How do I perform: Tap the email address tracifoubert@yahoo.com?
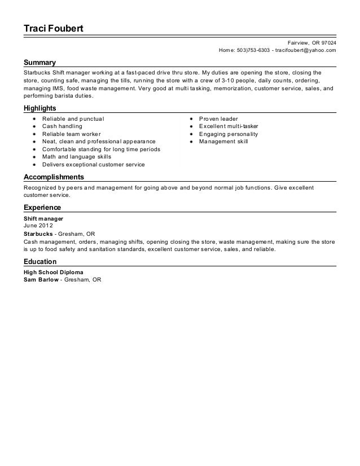[305, 51]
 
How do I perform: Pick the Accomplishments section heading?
[54, 177]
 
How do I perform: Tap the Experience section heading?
[42, 208]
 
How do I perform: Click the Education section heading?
[40, 262]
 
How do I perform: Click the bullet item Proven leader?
[218, 120]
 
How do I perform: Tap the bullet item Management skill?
[223, 142]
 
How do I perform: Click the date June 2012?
[36, 225]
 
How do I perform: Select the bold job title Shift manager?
[43, 218]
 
